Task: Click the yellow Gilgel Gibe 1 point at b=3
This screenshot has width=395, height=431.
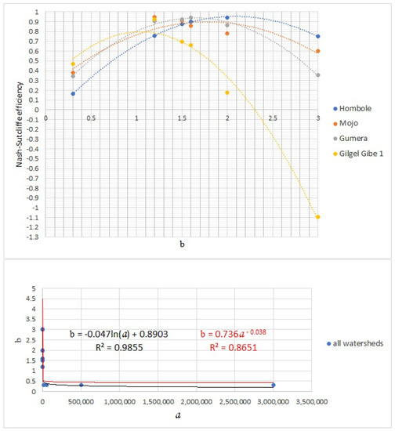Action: (x=318, y=217)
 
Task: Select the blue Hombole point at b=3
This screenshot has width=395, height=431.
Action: (x=318, y=36)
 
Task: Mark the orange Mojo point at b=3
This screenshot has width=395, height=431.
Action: (x=318, y=51)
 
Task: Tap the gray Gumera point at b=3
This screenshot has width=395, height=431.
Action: (x=318, y=74)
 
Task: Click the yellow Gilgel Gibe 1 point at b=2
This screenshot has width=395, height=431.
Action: (x=227, y=92)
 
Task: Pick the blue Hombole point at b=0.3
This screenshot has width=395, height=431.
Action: (x=73, y=93)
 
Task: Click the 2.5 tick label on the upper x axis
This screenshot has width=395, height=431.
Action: (x=273, y=118)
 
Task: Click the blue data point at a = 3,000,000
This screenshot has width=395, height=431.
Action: (x=274, y=385)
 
